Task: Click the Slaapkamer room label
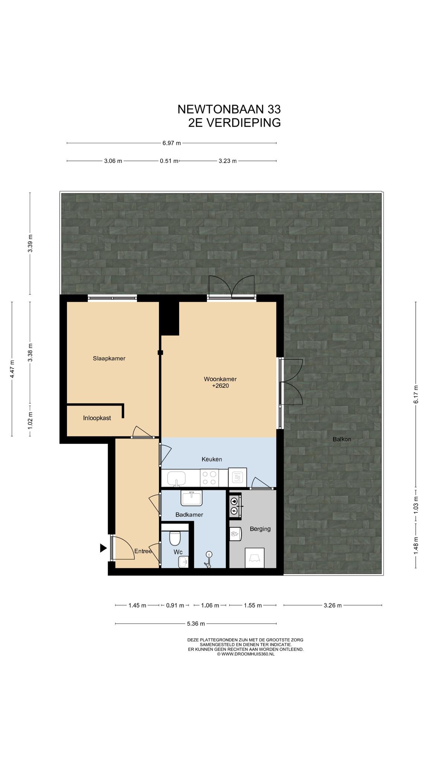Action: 109,358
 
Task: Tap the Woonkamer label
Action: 220,379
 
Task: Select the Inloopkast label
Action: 97,418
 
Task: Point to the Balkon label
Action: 342,439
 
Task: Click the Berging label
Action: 260,529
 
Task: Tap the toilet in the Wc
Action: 175,537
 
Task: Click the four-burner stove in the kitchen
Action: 209,478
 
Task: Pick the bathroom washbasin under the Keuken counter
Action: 191,498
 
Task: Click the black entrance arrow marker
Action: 103,548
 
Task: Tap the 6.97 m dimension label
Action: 171,143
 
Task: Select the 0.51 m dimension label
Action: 169,161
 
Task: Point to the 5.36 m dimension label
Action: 196,624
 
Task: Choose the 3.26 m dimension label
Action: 332,605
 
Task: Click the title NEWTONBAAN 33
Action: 229,109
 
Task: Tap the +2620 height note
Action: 220,386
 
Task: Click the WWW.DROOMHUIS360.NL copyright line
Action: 246,654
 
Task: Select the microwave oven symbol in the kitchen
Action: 237,477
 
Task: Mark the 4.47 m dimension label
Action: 12,369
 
